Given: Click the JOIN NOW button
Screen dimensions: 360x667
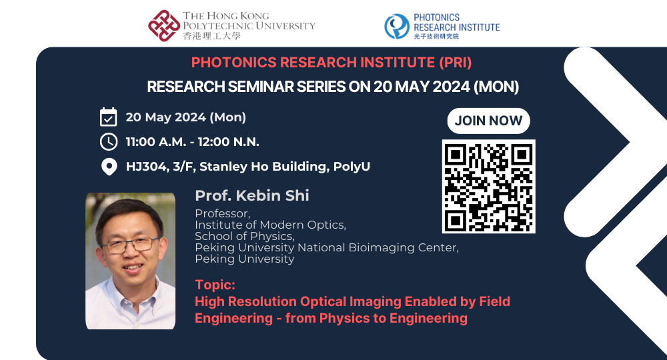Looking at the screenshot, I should [x=488, y=121].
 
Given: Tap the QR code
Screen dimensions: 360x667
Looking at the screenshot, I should [x=488, y=186].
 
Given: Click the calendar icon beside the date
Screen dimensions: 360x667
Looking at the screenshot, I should [x=108, y=117].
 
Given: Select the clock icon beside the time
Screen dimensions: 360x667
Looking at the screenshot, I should [x=108, y=142].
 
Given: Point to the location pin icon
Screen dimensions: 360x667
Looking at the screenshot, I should [x=108, y=167].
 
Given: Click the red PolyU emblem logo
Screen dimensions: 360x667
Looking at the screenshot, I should [x=163, y=25].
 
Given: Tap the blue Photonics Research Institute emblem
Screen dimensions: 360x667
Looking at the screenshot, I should [x=397, y=26].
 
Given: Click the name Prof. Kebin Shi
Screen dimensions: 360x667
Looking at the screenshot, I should [x=252, y=196].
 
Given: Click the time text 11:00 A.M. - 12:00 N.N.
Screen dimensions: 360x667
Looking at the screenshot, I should [x=192, y=142].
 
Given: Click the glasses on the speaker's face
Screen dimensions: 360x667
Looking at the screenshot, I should [x=131, y=245].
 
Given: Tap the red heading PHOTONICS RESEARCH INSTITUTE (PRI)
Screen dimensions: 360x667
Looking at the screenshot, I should [x=331, y=63].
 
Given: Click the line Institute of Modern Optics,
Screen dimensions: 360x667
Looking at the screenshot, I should [x=270, y=225].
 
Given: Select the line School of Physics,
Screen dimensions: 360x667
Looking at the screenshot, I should [x=244, y=236].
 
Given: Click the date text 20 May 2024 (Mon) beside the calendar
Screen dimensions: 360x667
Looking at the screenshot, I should [x=185, y=117].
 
